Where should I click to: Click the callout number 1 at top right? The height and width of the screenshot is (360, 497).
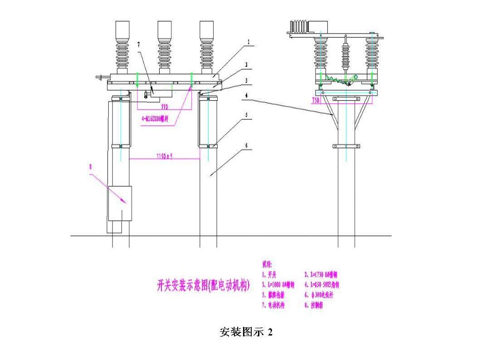coord(249,41)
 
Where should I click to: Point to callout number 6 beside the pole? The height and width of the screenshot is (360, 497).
coord(246,146)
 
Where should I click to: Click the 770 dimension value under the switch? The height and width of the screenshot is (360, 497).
coord(165,107)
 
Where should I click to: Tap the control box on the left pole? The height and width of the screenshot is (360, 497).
coord(119,203)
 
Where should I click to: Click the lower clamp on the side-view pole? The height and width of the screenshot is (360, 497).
coord(346,146)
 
